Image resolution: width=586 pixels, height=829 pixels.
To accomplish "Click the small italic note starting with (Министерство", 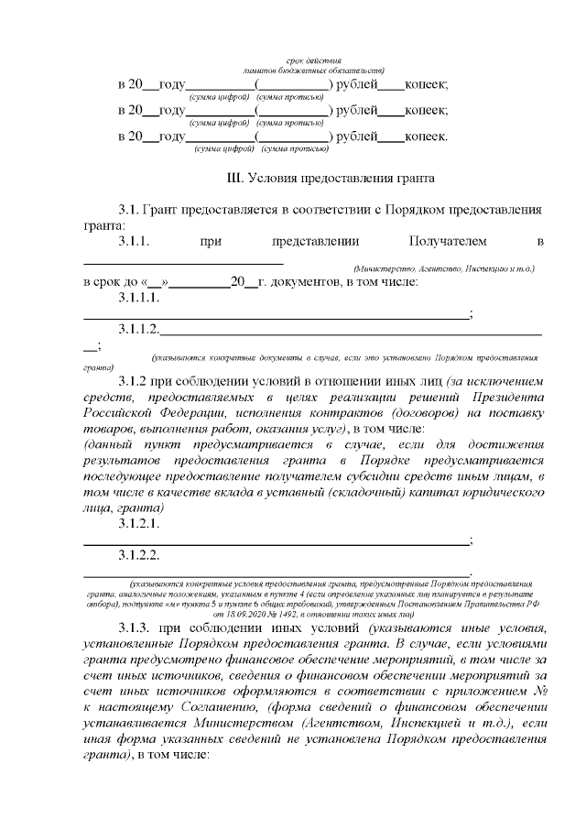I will click(443, 268).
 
